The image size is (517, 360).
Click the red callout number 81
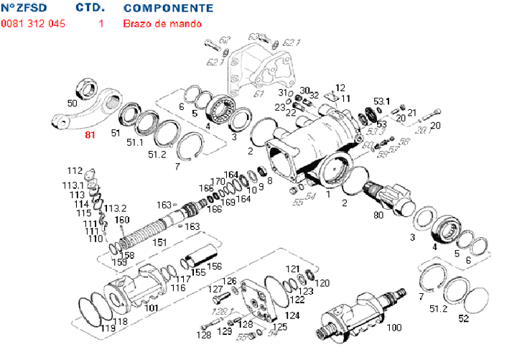point(90,135)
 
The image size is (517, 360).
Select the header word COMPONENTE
point(168,9)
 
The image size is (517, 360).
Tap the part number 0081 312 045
point(33,24)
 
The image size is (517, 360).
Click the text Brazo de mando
point(162,24)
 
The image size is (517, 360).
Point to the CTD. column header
point(90,9)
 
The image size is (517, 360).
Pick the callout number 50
point(72,103)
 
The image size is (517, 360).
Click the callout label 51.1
point(136,142)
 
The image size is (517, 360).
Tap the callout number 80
point(378,213)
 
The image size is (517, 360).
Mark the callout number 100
point(394,328)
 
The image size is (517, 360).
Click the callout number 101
point(152,309)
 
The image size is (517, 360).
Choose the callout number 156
point(214,266)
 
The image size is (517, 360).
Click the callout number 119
point(108,328)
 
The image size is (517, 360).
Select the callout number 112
point(75,171)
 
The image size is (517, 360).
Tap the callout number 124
point(292,316)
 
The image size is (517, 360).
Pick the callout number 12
point(340,87)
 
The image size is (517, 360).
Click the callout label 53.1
point(381,101)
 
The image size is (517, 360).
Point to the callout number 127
point(216,289)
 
